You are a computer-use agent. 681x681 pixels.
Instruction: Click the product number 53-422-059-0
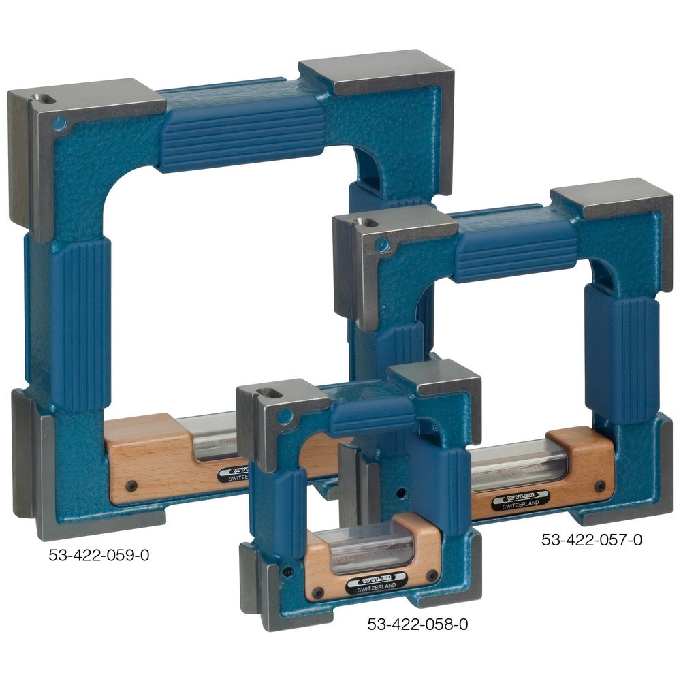point(99,555)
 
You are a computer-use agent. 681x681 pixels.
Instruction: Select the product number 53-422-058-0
point(417,624)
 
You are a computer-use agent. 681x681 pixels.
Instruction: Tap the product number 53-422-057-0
point(592,540)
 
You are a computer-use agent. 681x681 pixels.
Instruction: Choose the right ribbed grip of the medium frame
point(621,351)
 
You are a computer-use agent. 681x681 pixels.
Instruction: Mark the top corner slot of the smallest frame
point(268,393)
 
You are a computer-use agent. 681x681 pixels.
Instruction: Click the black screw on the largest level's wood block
point(131,486)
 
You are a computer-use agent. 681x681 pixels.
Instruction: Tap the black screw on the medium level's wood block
point(599,486)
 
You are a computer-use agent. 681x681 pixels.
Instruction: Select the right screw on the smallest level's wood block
point(431,576)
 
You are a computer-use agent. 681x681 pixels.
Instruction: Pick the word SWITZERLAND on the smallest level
point(377,588)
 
